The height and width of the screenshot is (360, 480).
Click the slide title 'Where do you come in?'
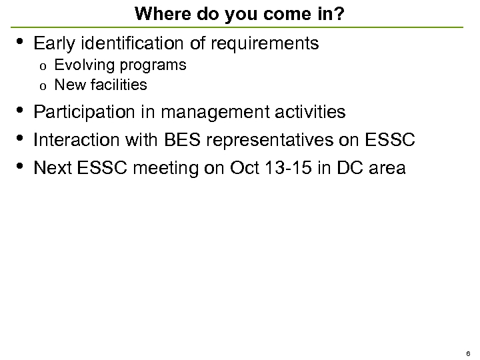[x=239, y=13]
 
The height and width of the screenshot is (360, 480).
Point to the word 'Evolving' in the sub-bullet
[x=79, y=65]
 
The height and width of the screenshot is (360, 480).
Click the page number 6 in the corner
[x=468, y=353]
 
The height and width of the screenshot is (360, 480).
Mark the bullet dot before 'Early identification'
[x=20, y=42]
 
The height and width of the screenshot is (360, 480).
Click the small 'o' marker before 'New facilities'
[x=42, y=86]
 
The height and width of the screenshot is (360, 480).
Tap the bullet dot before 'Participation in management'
[x=20, y=110]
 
